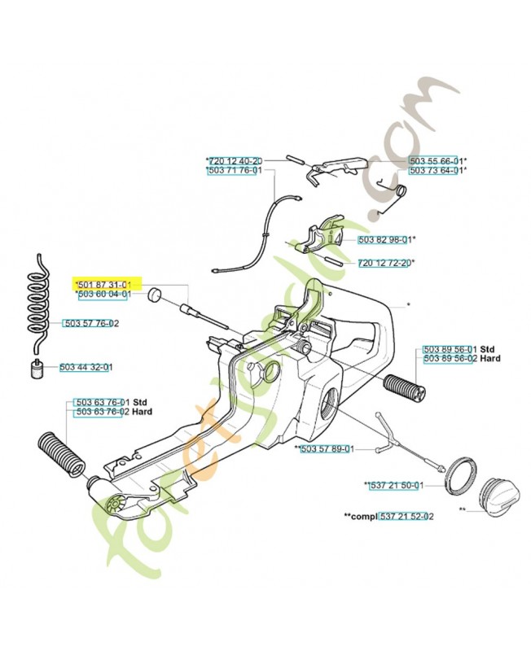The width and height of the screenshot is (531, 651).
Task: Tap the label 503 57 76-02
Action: click(x=90, y=323)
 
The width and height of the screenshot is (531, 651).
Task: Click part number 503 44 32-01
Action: click(x=86, y=367)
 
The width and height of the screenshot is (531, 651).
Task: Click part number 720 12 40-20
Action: click(x=235, y=160)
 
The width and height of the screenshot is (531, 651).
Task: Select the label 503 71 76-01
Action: click(x=235, y=171)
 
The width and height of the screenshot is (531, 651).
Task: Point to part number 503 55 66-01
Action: click(x=437, y=160)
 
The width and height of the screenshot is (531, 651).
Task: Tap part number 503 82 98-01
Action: click(x=386, y=239)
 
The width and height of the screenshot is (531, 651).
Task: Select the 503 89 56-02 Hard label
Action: click(x=450, y=358)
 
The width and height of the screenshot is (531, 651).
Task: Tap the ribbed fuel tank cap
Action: click(x=498, y=492)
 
